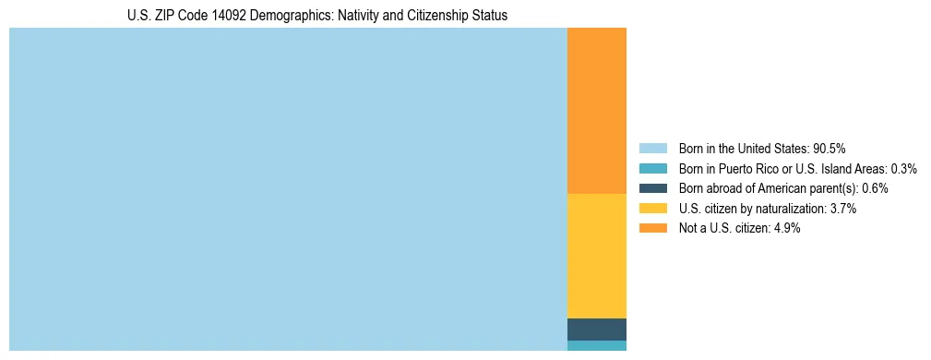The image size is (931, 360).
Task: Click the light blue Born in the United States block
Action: [x=288, y=189]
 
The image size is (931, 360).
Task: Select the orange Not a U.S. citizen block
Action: [x=597, y=111]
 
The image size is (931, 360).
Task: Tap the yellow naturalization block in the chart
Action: [x=597, y=256]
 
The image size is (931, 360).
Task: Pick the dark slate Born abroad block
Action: [x=597, y=330]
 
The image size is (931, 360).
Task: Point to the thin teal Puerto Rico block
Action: [x=597, y=345]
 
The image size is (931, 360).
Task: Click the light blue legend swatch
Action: [x=652, y=149]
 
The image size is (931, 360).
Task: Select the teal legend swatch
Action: [x=652, y=169]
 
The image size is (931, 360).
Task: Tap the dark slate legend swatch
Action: [x=652, y=188]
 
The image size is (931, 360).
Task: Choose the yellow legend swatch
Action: [x=652, y=209]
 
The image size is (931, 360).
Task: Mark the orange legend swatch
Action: [x=652, y=228]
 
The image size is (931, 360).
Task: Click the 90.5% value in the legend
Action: [x=830, y=149]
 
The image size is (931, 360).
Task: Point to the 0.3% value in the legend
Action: [x=903, y=169]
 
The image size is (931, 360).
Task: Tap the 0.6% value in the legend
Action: [x=875, y=188]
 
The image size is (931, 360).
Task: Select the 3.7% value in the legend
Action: [x=843, y=209]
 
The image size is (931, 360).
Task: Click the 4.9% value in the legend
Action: [x=786, y=228]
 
